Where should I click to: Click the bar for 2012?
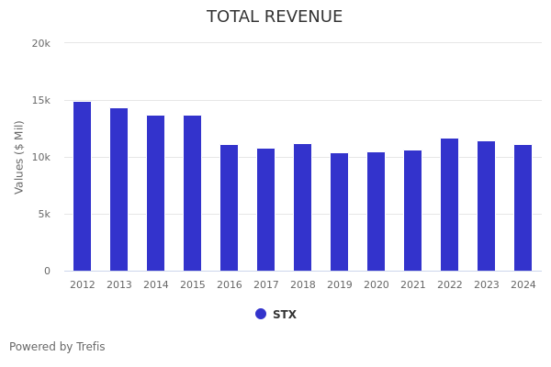[x=83, y=186]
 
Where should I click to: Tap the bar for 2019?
[x=340, y=212]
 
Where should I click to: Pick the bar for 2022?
[x=450, y=205]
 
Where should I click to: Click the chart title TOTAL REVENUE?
[x=275, y=17]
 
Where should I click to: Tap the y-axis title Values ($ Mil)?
[x=19, y=157]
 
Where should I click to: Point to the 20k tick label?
[x=40, y=43]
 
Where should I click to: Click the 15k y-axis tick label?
[x=40, y=100]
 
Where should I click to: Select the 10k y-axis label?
[x=40, y=157]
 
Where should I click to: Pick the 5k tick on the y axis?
[x=43, y=214]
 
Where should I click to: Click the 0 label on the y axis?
[x=46, y=271]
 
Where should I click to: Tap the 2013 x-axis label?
[x=119, y=285]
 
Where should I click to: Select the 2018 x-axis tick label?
[x=303, y=285]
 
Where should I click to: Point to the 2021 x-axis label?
[x=413, y=285]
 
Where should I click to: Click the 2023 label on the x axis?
[x=487, y=285]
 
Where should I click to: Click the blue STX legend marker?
[x=261, y=314]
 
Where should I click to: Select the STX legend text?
[x=285, y=315]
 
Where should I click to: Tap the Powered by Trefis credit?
[x=57, y=347]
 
